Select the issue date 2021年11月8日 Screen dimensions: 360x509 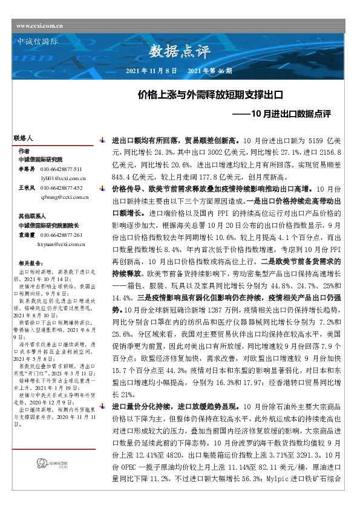[151, 71]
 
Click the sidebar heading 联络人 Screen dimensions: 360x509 [22, 138]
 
